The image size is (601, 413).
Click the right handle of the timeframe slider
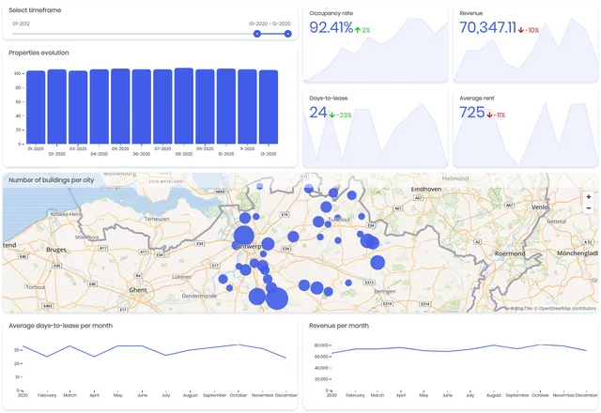(x=288, y=34)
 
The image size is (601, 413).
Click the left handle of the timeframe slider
(x=257, y=34)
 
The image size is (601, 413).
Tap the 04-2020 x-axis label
(x=99, y=153)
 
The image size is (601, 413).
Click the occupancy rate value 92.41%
(x=331, y=28)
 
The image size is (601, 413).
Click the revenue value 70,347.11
(x=488, y=28)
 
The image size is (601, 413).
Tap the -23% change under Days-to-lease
(x=340, y=115)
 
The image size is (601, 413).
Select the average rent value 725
(x=472, y=113)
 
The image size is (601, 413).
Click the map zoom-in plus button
(x=589, y=197)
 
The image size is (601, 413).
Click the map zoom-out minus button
(x=589, y=208)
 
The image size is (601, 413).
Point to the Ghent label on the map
(x=139, y=291)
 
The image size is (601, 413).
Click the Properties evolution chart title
(x=39, y=53)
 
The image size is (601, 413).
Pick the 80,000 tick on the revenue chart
(x=319, y=345)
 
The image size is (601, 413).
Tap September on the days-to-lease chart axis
(x=215, y=396)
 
